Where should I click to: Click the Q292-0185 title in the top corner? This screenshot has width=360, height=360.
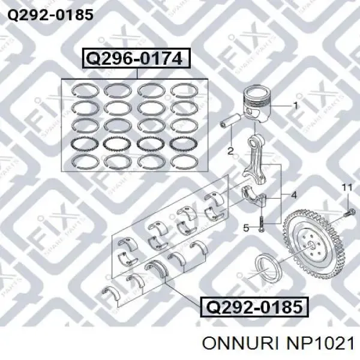tap(50, 15)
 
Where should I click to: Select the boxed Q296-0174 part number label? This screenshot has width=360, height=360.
tap(136, 58)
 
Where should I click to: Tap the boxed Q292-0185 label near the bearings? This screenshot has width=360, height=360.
tap(254, 307)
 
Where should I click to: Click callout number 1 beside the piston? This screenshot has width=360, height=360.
tap(296, 106)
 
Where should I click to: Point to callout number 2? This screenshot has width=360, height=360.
tap(230, 151)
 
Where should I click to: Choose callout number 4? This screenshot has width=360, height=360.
tap(293, 195)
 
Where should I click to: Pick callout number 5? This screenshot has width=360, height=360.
tap(246, 228)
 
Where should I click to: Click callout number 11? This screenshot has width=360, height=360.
tap(347, 188)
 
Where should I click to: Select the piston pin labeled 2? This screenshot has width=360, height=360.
tap(230, 120)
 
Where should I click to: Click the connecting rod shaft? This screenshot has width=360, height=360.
tap(256, 158)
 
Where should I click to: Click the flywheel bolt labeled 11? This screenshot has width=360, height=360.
tap(349, 212)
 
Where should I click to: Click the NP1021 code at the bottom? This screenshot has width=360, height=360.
tap(320, 343)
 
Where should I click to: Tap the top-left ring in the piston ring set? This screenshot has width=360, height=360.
tap(85, 90)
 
